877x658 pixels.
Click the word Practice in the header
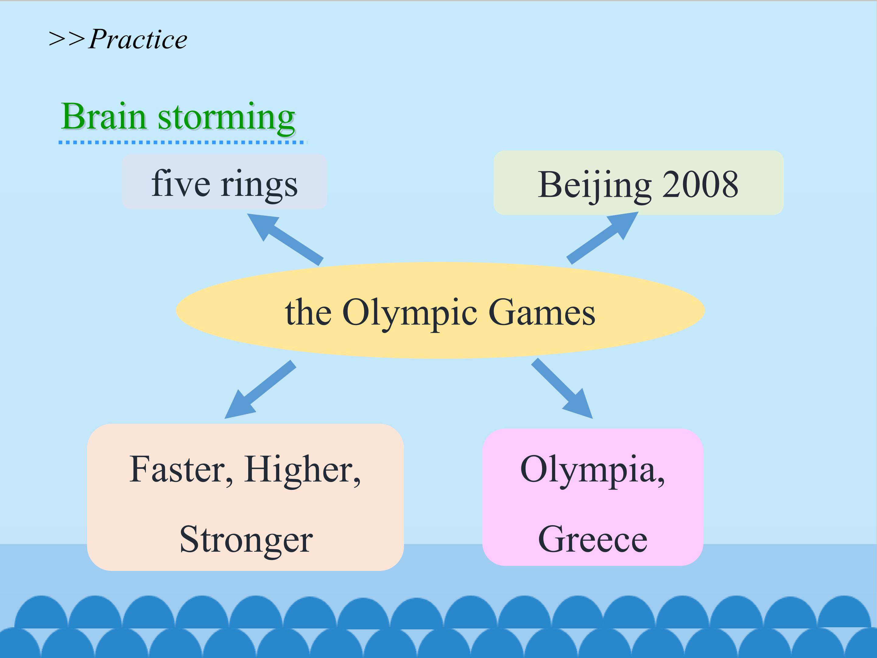pos(138,40)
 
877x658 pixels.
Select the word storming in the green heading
pos(226,118)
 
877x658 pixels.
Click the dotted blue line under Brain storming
pos(182,142)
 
